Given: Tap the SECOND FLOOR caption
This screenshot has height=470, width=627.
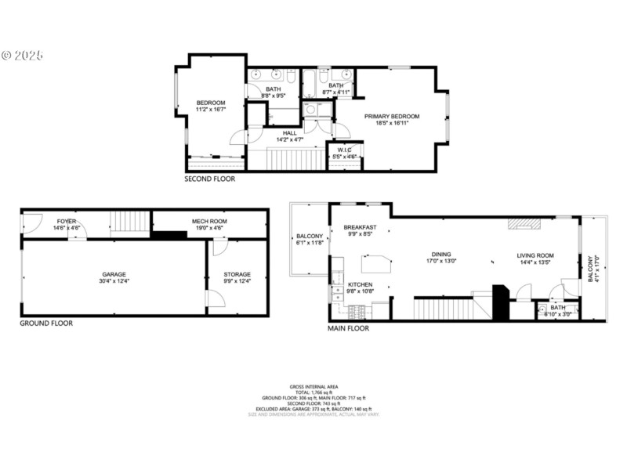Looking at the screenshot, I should click(209, 179).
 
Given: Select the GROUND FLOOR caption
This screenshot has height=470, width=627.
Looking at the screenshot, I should click(46, 323).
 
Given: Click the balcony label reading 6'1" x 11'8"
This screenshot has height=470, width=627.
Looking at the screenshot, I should click(310, 240).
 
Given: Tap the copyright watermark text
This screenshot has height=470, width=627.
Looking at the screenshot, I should click(22, 56).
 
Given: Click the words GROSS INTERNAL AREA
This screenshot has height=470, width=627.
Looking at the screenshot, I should click(313, 387).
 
